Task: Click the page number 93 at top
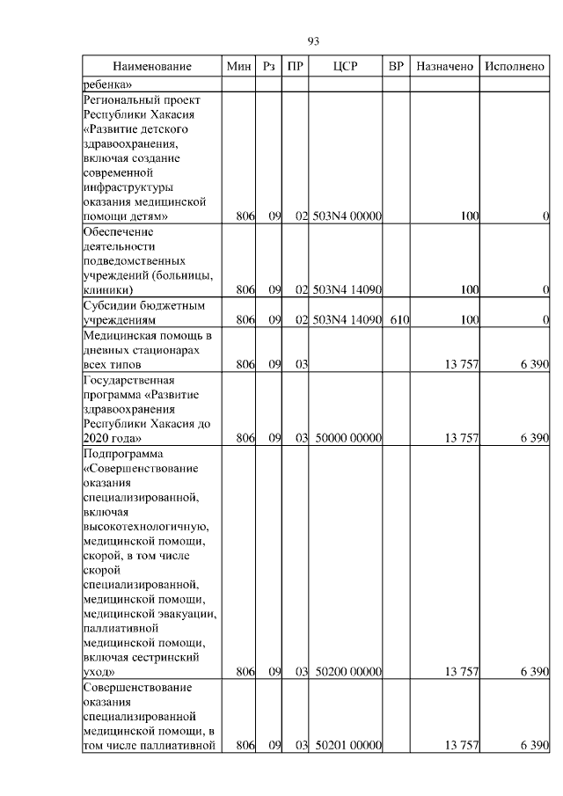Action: pos(312,41)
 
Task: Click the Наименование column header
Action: pos(151,67)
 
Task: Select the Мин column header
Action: pos(238,67)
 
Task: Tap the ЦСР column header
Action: pos(346,67)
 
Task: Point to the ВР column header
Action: pos(397,67)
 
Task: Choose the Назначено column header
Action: pos(445,67)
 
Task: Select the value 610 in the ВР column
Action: pos(399,321)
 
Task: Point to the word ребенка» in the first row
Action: pos(107,84)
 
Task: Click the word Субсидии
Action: pos(110,306)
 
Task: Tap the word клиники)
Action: pos(108,288)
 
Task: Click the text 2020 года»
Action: pos(112,437)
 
